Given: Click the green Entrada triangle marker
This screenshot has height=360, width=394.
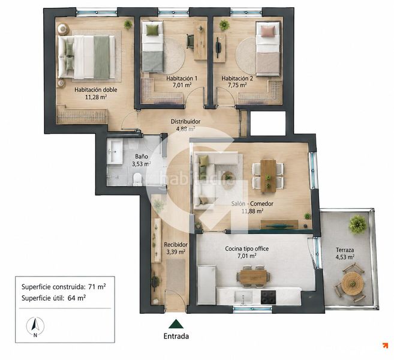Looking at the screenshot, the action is pyautogui.click(x=176, y=324).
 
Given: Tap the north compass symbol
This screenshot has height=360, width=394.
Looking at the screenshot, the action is pyautogui.click(x=35, y=326).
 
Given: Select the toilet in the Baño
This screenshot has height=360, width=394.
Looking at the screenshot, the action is pyautogui.click(x=137, y=179).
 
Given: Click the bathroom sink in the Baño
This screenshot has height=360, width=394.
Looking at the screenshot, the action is pyautogui.click(x=115, y=152).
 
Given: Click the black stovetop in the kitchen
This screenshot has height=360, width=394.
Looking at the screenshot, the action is pyautogui.click(x=268, y=297).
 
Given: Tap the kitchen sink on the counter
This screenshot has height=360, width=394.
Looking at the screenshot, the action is pyautogui.click(x=243, y=298).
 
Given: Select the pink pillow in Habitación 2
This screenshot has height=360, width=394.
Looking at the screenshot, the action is pyautogui.click(x=267, y=31).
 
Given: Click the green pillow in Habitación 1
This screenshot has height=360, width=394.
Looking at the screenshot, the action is pyautogui.click(x=153, y=30).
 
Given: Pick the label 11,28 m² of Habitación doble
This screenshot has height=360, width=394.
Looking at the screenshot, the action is pyautogui.click(x=96, y=97).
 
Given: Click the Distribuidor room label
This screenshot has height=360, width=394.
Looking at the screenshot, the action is pyautogui.click(x=185, y=122).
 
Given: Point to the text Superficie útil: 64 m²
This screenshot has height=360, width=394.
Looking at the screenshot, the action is pyautogui.click(x=54, y=298).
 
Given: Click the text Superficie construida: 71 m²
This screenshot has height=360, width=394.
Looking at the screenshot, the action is pyautogui.click(x=64, y=287).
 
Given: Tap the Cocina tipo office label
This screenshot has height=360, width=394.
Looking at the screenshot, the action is pyautogui.click(x=246, y=248).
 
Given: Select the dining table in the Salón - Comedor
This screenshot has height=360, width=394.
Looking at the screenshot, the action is pyautogui.click(x=268, y=176).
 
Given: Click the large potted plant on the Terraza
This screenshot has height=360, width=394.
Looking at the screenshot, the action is pyautogui.click(x=357, y=224).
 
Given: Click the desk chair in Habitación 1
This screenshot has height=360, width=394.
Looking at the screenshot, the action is pyautogui.click(x=190, y=41).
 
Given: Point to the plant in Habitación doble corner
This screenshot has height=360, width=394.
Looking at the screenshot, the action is pyautogui.click(x=128, y=25).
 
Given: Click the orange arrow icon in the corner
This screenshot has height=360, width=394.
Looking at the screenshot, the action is pyautogui.click(x=385, y=346).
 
